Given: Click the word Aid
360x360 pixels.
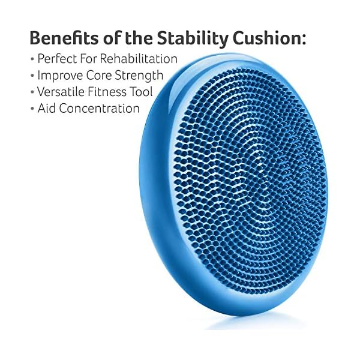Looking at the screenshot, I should (x=47, y=109).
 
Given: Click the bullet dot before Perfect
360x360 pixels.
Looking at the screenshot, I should (x=32, y=59).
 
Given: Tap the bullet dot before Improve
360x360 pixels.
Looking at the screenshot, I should (x=32, y=76).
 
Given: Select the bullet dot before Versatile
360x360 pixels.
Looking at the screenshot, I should (x=32, y=93).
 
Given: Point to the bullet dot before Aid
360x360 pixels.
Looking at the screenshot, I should (x=32, y=109).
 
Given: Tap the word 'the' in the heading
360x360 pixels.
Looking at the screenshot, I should (x=135, y=38).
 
